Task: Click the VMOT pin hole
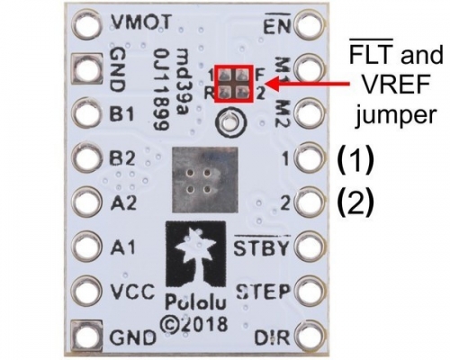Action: [87, 24]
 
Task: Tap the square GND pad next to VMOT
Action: [87, 68]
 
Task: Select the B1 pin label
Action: [121, 113]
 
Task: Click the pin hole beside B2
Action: [87, 157]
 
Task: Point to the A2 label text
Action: [123, 202]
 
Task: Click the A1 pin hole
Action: [87, 246]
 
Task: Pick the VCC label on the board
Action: [132, 292]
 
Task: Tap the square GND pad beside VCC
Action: [87, 335]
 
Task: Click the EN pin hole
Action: [310, 24]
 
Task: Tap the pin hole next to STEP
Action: [310, 291]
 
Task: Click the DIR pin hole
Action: [310, 335]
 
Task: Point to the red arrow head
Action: [272, 84]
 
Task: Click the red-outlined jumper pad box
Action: [234, 84]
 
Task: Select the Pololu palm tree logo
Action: [195, 255]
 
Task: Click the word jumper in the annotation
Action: [395, 115]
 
